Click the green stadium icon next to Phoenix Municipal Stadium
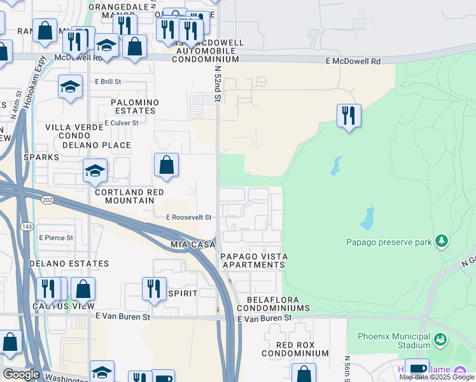440,341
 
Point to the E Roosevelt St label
188,217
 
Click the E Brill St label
108,82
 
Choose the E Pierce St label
56,237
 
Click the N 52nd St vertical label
217,83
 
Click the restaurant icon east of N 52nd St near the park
349,116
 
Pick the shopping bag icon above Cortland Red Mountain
166,166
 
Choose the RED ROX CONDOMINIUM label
295,348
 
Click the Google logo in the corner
20,374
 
